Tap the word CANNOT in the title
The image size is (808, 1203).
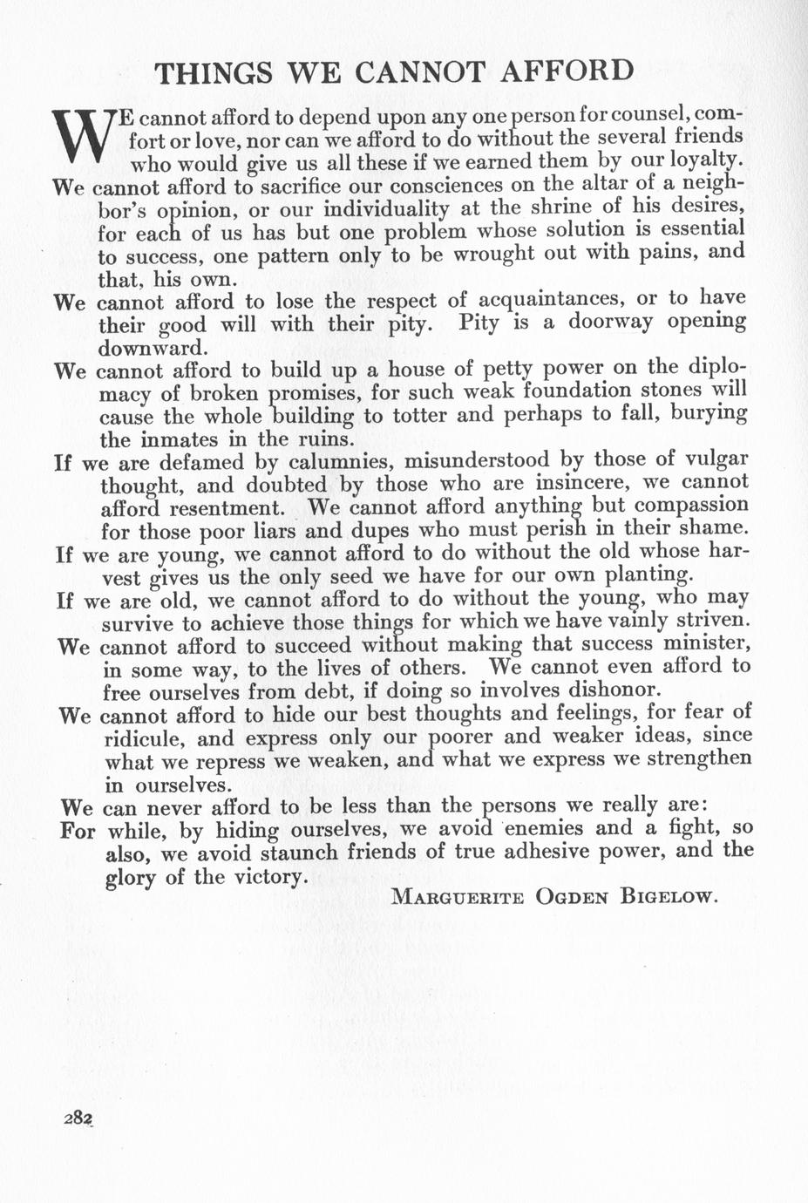tap(418, 71)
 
